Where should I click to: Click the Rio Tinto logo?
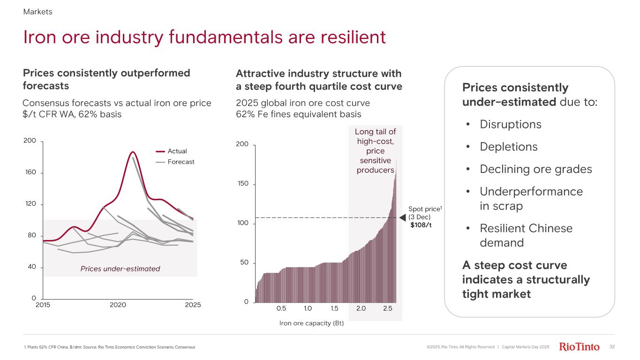coord(580,347)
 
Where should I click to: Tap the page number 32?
coord(612,347)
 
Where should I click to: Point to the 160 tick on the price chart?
coord(30,172)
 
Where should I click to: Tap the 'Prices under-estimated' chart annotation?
coord(120,269)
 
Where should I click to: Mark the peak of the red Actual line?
coord(133,152)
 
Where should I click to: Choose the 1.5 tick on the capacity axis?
coord(334,308)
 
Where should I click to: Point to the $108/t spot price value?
coord(421,225)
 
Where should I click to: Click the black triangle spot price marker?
coord(402,217)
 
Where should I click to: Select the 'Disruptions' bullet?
coord(510,124)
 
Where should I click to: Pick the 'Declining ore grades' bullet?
coord(535,169)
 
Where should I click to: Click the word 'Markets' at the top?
coord(38,12)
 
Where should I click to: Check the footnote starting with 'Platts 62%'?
coord(109,347)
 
